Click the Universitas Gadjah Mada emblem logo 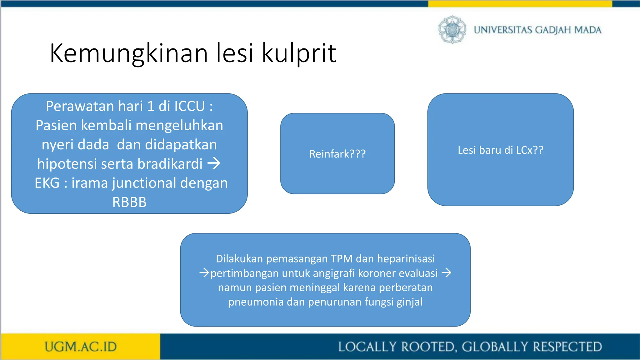coord(452,30)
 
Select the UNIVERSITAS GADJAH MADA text coord(537,30)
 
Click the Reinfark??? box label coord(337,154)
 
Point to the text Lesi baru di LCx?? coord(500,150)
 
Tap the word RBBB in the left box coord(129,202)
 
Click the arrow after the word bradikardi coord(214,163)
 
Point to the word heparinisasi coord(406,259)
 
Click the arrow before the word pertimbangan coord(204,273)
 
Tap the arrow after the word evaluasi coord(447,273)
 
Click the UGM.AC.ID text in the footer coord(81,347)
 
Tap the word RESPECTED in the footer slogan coord(567,347)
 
